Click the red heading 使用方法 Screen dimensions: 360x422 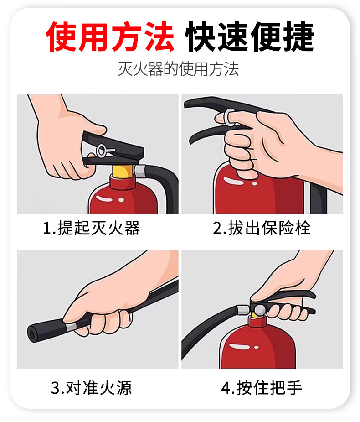click(x=110, y=36)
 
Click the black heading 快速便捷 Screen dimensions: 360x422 click(x=250, y=36)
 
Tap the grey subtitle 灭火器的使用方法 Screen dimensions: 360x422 click(x=178, y=69)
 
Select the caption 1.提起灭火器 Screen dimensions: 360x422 click(x=92, y=228)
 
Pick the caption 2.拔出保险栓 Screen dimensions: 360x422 click(x=262, y=228)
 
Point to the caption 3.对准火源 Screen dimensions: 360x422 click(x=92, y=388)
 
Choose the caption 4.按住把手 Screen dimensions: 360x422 click(x=262, y=388)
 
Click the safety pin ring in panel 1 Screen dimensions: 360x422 click(x=102, y=151)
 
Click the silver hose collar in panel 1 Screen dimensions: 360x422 click(x=139, y=171)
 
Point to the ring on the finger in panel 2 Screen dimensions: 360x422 click(x=228, y=118)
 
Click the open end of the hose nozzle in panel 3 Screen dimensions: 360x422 click(x=32, y=335)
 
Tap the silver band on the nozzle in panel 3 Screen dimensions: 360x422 click(x=71, y=327)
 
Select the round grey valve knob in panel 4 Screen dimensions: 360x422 click(x=260, y=310)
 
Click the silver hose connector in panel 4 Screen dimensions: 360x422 click(x=243, y=310)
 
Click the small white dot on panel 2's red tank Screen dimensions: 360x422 click(x=254, y=183)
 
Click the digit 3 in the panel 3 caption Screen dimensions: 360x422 click(x=55, y=388)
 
